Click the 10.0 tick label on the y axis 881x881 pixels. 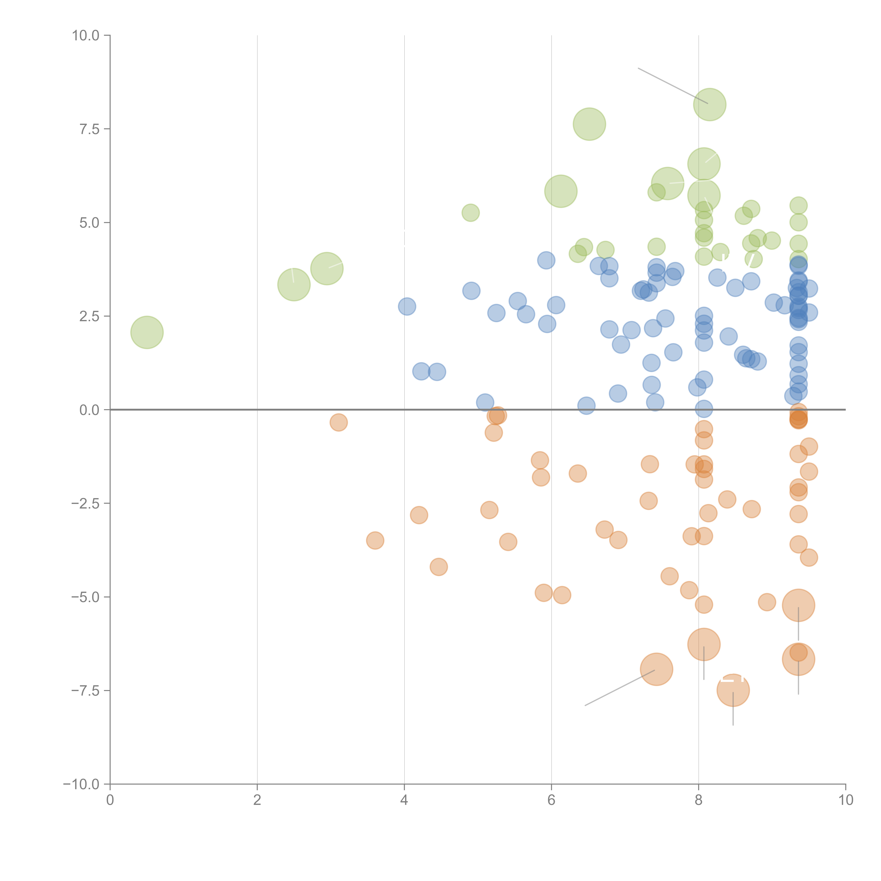[85, 36]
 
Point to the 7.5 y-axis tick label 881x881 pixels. [89, 129]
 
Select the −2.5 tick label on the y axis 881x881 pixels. [85, 503]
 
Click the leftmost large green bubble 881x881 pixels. [147, 332]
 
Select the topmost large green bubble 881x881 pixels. [710, 104]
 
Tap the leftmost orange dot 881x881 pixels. [338, 422]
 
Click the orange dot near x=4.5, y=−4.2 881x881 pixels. [438, 567]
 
